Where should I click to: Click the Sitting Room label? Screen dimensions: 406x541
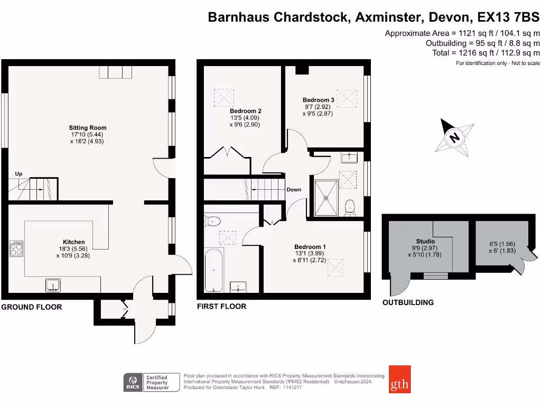(x=88, y=127)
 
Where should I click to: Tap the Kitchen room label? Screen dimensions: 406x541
(x=74, y=242)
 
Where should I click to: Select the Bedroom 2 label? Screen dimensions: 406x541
(x=245, y=111)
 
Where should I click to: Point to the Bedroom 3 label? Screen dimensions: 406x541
(x=318, y=100)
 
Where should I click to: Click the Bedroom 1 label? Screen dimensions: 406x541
(x=310, y=247)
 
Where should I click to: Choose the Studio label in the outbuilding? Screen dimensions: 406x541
(x=425, y=241)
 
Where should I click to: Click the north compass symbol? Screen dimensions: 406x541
(x=454, y=137)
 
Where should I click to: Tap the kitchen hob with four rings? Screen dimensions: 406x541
(x=16, y=248)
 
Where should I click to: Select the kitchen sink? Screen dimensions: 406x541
(x=53, y=286)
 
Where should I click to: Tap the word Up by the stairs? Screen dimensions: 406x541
(x=18, y=174)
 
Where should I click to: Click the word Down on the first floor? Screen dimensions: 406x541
(x=294, y=190)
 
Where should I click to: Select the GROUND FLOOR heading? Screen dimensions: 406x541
(x=31, y=307)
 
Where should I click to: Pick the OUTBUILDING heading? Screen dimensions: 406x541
(x=408, y=302)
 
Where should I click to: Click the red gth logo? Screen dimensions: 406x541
(x=399, y=379)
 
